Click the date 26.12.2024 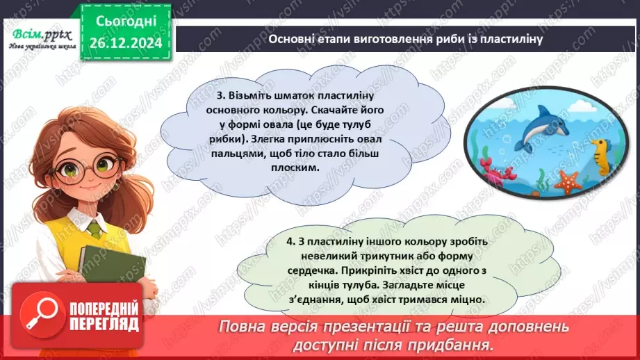pos(125,42)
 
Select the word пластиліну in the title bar pos(511,39)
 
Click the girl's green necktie pos(95,227)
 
